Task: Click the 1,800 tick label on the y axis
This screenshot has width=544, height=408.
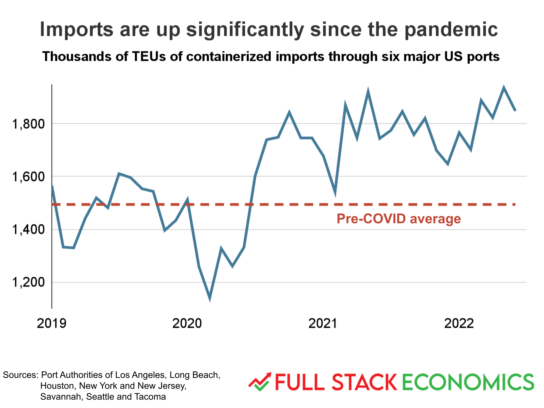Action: point(28,124)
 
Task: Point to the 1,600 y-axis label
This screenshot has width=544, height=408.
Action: point(28,177)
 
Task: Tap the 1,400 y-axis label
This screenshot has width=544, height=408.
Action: point(28,229)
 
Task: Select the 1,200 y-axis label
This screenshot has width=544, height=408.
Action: point(28,282)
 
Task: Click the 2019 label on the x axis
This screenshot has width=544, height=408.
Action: point(52,323)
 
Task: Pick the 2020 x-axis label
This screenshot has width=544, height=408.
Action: point(187,323)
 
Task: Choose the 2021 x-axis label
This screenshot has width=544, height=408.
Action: point(323,323)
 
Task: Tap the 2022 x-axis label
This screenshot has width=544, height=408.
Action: point(459,323)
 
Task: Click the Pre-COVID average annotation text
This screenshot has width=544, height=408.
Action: point(399,219)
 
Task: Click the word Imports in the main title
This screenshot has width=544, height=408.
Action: point(76,30)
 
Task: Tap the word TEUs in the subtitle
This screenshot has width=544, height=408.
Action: point(149,56)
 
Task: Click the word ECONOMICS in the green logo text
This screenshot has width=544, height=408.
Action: point(468,382)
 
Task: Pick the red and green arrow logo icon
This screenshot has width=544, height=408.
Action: point(260,382)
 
